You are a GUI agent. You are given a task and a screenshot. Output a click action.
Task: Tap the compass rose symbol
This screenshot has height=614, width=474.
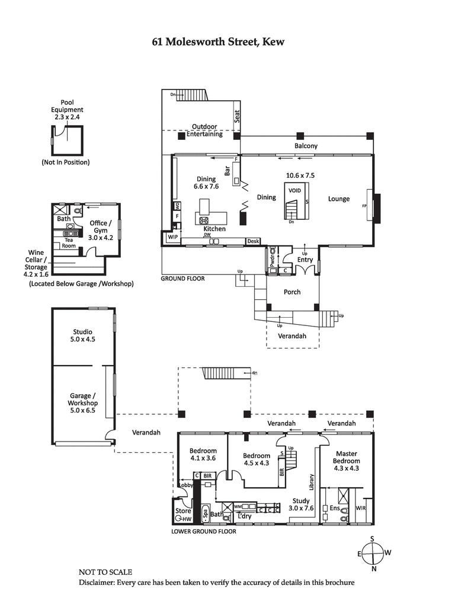coord(373,554)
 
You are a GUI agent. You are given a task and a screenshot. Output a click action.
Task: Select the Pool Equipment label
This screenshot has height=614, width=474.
coord(67,110)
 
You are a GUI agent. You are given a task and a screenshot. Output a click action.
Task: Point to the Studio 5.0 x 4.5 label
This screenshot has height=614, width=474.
coord(83,335)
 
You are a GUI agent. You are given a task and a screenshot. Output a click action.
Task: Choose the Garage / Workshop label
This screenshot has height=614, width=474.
coord(82,403)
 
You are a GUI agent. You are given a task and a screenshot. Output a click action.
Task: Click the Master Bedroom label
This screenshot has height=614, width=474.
coord(346,461)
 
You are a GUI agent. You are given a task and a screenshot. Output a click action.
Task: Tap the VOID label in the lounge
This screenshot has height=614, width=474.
coord(294,190)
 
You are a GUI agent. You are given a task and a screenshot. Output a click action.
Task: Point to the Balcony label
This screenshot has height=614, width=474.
coord(306,146)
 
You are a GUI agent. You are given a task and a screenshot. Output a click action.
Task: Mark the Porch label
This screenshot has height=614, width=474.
coord(292,292)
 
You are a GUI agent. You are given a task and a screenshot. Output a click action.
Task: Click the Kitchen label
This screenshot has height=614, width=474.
coord(214,228)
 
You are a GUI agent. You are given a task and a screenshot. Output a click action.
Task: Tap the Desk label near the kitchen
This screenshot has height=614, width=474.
coord(254,241)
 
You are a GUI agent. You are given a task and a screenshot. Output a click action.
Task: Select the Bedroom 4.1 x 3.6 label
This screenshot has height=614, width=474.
coord(203,454)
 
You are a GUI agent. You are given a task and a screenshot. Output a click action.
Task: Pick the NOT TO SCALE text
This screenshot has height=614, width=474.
coord(105,572)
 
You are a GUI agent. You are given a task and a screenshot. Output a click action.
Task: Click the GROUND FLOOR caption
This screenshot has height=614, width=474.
coord(183,277)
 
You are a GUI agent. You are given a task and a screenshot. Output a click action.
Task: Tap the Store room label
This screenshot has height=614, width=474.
coord(183,511)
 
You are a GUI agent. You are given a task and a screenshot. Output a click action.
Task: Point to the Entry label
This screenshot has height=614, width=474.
coord(305,260)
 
